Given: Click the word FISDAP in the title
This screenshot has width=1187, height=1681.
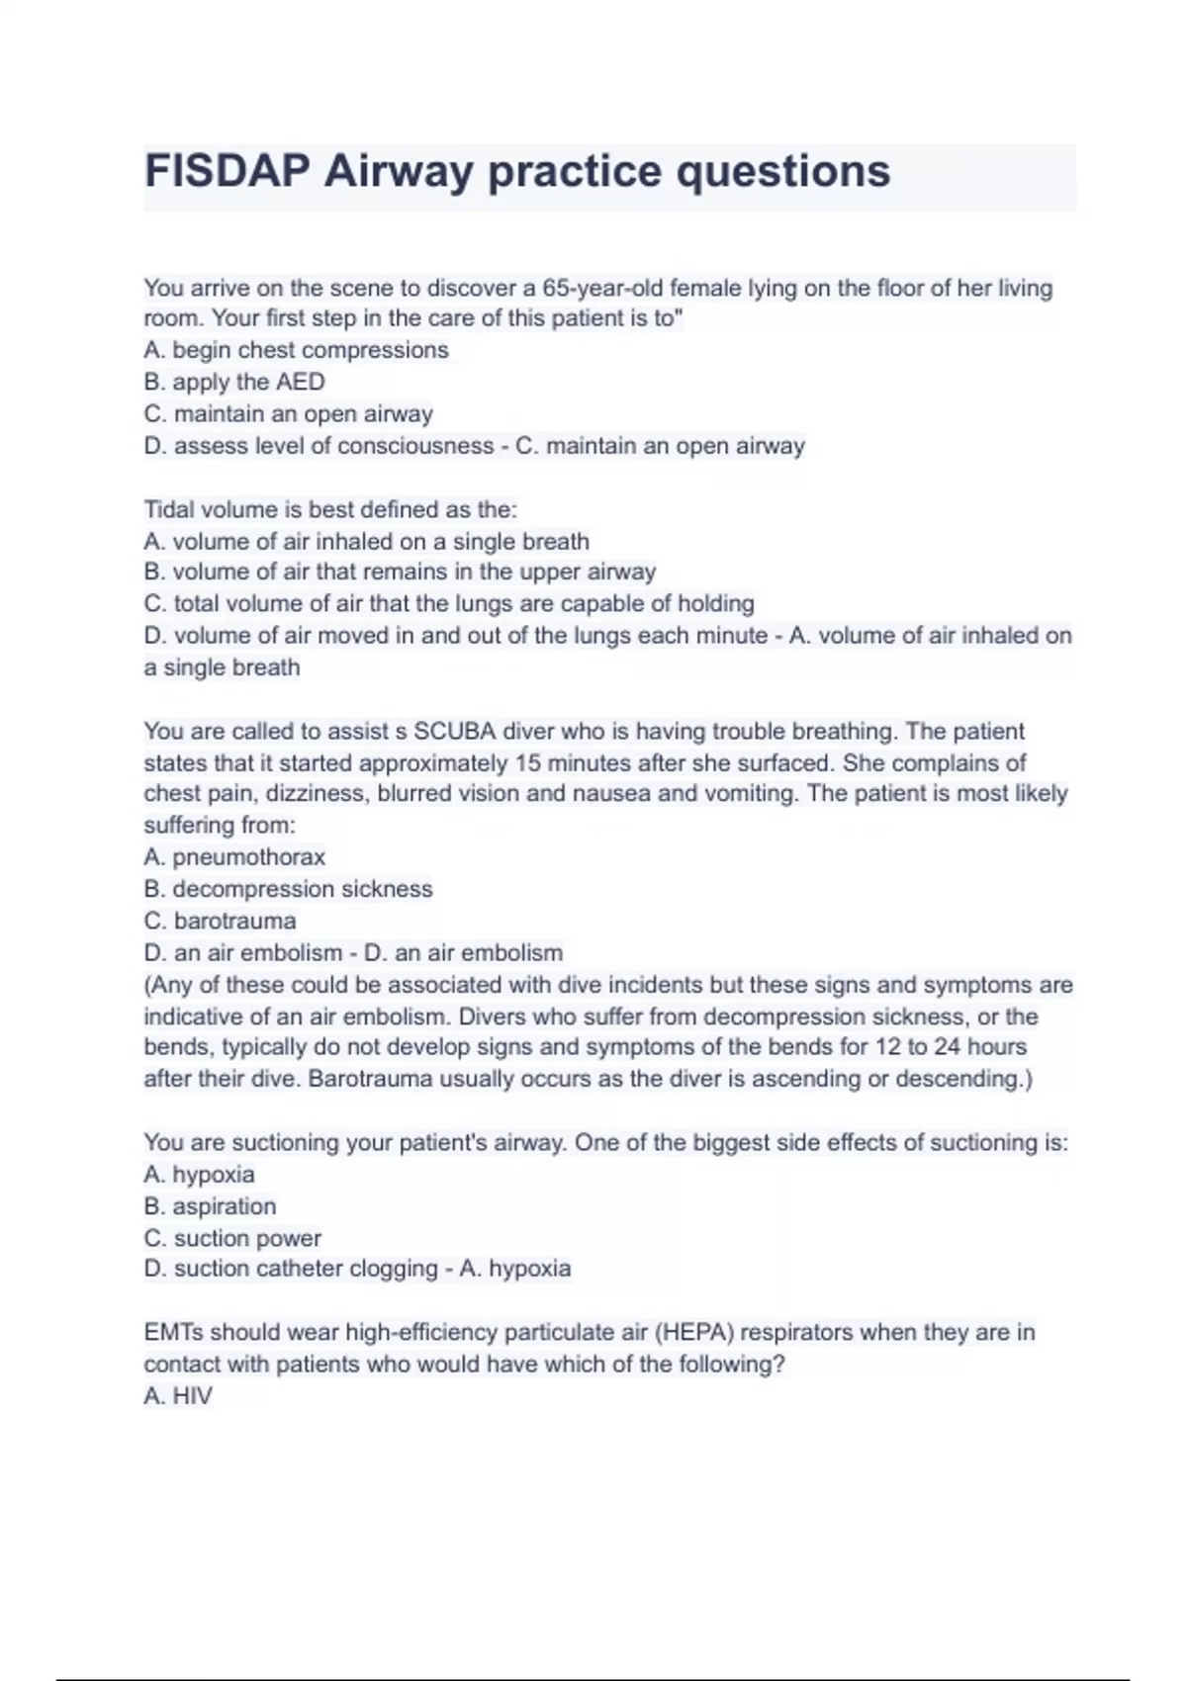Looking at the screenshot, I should coord(227,171).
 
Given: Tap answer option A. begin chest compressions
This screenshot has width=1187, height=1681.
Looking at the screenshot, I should coord(296,350).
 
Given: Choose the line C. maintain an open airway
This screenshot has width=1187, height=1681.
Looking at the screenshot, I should coord(288,413).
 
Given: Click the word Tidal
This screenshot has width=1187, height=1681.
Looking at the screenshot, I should coord(169,509).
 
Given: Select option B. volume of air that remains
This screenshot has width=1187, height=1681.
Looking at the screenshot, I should coord(400,572).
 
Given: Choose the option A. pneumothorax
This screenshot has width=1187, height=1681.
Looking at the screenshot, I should coord(234,856).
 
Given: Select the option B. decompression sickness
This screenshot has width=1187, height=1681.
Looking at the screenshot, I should coord(288,889).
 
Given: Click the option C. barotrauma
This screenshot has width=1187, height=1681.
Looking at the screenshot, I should coord(220,921).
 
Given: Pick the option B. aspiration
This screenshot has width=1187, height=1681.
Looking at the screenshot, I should coord(210,1206).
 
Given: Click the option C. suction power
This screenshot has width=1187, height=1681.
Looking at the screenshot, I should coord(232,1238).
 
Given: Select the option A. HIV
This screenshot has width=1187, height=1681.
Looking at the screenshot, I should coord(178,1396).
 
